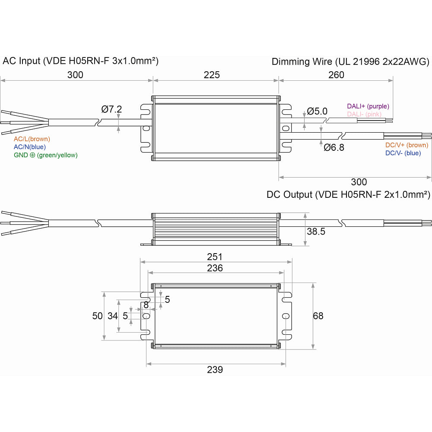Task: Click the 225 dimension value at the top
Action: (212, 75)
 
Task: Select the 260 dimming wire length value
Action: (336, 75)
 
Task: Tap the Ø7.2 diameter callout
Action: (112, 109)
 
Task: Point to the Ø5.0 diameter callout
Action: (318, 111)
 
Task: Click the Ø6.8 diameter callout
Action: (334, 147)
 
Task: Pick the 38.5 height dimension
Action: (316, 232)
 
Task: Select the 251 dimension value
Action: (215, 257)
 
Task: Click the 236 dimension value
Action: (215, 268)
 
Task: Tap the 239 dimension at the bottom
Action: (215, 370)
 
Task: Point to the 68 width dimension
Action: (318, 316)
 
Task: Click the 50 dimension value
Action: (98, 316)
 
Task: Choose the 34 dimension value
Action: (113, 316)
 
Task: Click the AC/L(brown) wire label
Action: (32, 139)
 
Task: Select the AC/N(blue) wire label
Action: (30, 147)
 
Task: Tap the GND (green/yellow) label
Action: (46, 155)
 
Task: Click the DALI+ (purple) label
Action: (368, 106)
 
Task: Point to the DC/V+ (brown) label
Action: (407, 145)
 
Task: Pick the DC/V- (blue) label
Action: (403, 153)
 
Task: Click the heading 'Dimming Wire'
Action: (302, 62)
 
